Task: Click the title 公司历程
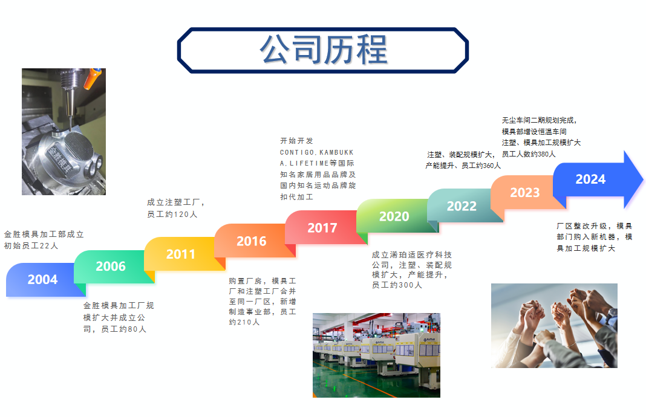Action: coord(324,50)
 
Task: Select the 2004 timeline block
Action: coord(43,279)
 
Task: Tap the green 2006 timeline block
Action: coord(111,267)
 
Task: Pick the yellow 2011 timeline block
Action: coord(181,254)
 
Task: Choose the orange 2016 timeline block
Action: coord(252,241)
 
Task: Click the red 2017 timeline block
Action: coord(322,228)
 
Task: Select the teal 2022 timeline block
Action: coord(462,206)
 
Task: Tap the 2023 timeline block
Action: coord(525,192)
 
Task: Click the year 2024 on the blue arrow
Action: coord(590,179)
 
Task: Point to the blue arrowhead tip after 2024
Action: coord(643,179)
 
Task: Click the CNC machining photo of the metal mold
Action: coord(64,132)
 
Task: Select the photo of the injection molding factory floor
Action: coord(377,355)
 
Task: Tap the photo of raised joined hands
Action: coord(554,326)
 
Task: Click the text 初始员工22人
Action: coord(31,246)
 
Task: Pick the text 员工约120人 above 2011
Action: coord(172,214)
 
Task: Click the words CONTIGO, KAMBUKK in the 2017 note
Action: coord(317,152)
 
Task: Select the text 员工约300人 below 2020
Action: coord(397,285)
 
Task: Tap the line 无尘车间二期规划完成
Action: coord(539,120)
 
